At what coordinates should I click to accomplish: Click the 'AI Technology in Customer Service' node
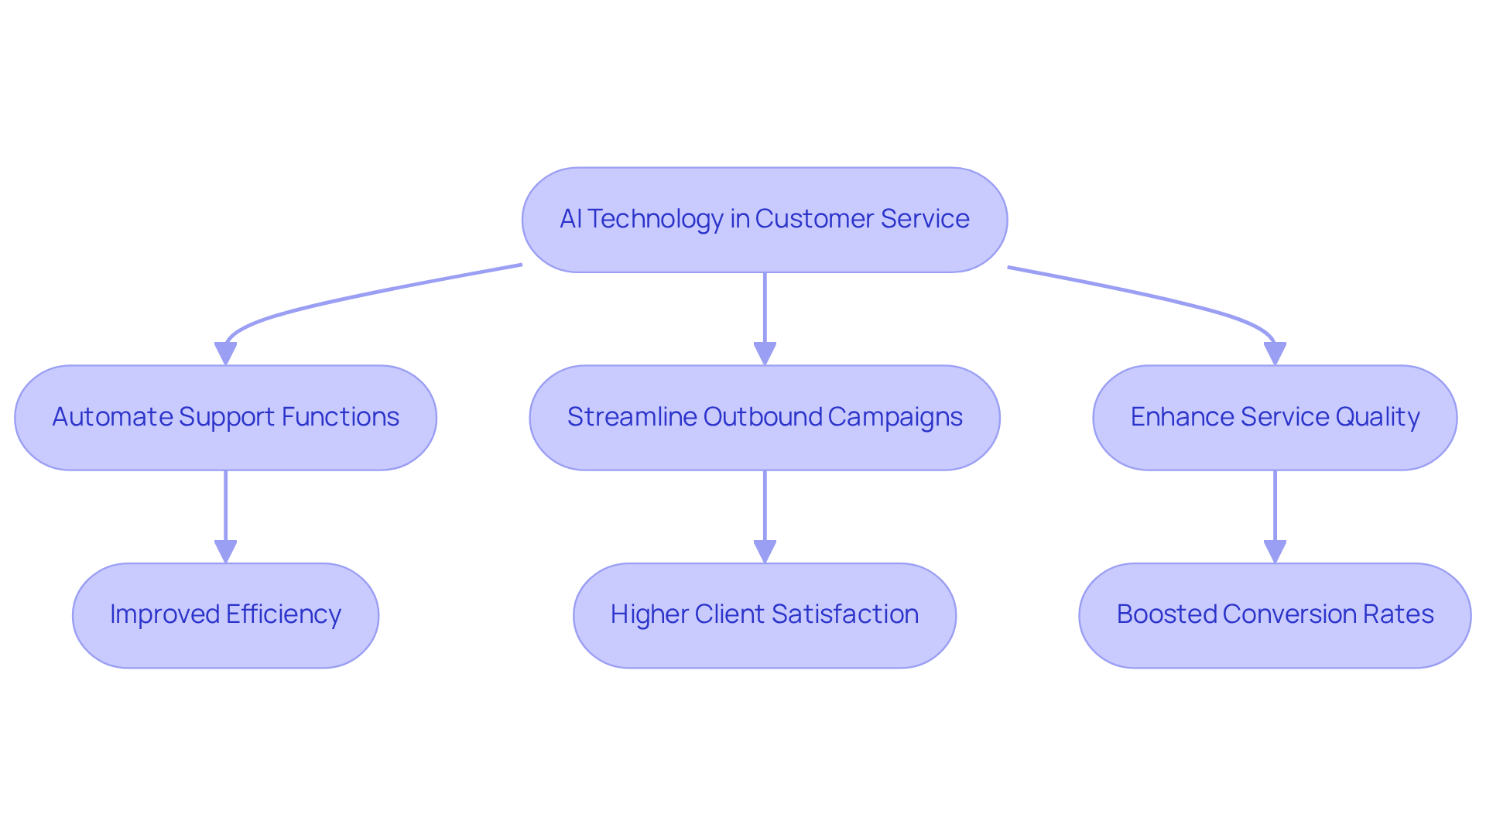[764, 220]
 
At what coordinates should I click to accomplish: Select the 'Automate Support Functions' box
[225, 418]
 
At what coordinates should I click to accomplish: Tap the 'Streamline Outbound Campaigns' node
[764, 418]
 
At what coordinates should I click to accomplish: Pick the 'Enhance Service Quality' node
[1274, 418]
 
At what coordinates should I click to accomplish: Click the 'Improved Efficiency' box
[225, 615]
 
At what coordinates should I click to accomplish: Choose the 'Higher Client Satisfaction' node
[764, 615]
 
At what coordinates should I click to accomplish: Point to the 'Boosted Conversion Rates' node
[1274, 615]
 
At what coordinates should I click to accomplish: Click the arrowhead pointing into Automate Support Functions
[225, 354]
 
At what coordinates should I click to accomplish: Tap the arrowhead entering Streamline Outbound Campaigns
[765, 354]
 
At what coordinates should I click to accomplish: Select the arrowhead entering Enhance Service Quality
[1275, 354]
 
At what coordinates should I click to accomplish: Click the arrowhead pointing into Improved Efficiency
[225, 552]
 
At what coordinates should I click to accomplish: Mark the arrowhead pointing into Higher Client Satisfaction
[765, 552]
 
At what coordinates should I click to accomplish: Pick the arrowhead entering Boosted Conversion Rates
[1275, 552]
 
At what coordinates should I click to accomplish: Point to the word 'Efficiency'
[283, 614]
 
